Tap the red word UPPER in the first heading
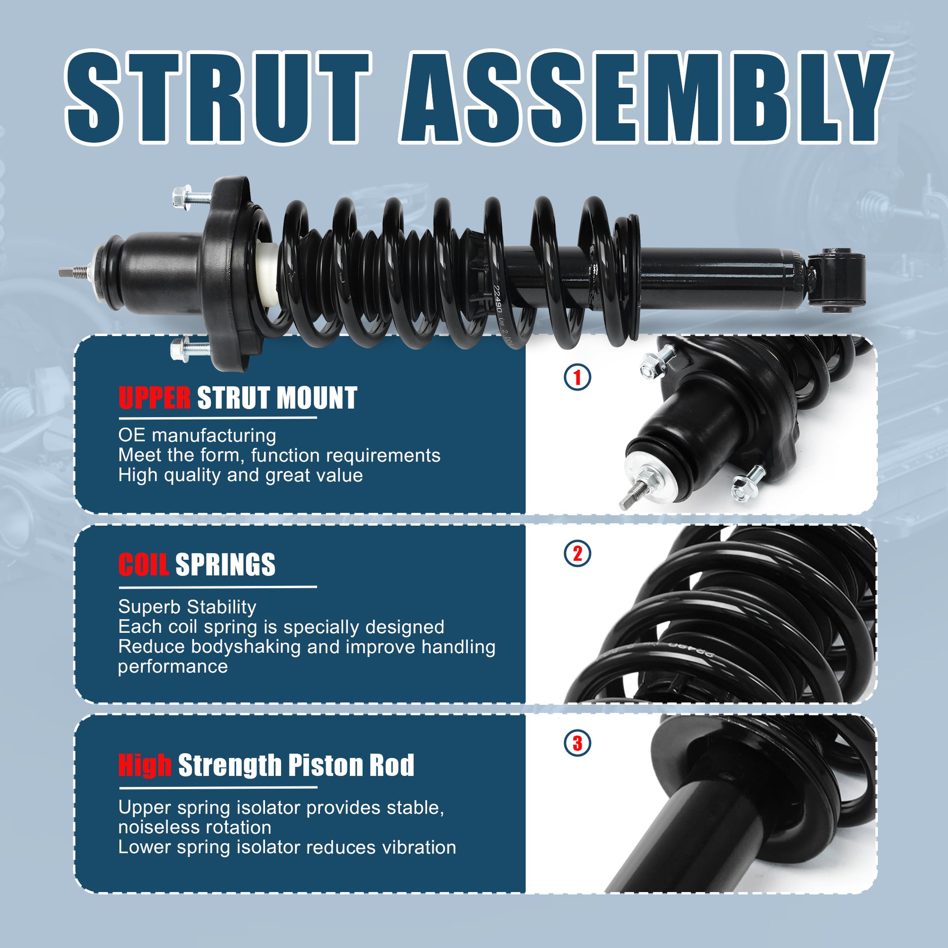click(x=154, y=398)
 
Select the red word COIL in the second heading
click(x=143, y=565)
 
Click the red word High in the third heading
click(x=145, y=765)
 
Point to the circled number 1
click(x=578, y=378)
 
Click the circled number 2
click(x=578, y=553)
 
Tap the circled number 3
click(x=578, y=743)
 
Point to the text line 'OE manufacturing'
click(x=197, y=436)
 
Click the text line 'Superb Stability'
click(x=187, y=607)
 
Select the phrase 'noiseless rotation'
click(x=195, y=827)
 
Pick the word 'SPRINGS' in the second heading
click(x=225, y=565)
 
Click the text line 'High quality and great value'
click(x=241, y=475)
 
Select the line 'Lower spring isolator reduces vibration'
click(x=287, y=848)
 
